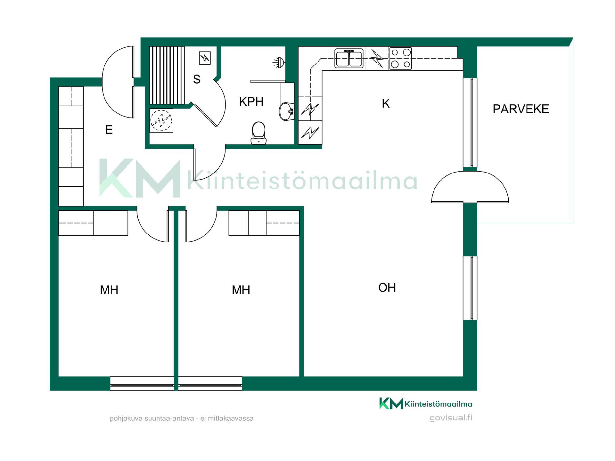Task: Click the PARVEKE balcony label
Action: click(521, 109)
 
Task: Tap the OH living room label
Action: click(387, 287)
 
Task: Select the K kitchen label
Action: click(386, 103)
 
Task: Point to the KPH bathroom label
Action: click(251, 101)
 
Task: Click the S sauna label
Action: click(197, 79)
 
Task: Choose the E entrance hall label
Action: click(109, 130)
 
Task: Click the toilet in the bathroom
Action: click(258, 133)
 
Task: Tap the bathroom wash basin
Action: click(286, 111)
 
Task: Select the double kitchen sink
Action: click(349, 58)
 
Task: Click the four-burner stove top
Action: click(400, 58)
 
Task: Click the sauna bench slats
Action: click(167, 75)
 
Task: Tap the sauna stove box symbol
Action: click(205, 58)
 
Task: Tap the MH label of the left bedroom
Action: click(109, 290)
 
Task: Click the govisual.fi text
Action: click(451, 418)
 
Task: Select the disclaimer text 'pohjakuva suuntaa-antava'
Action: click(152, 418)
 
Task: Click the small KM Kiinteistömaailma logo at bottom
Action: click(426, 403)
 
